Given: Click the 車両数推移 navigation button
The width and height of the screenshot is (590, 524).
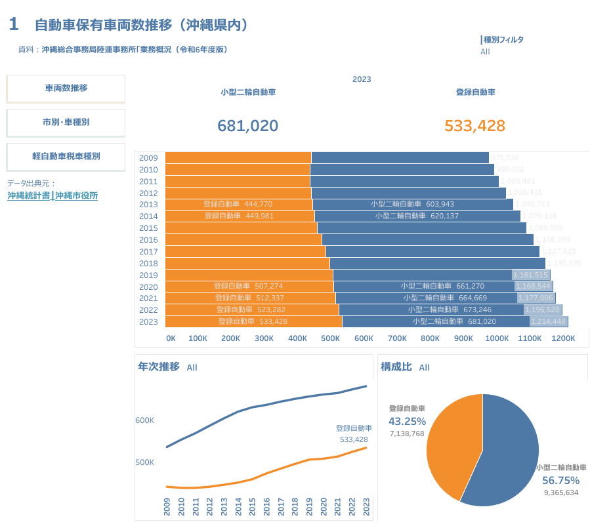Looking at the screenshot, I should [x=66, y=88].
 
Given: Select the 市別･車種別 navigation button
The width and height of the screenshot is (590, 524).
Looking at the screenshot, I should [x=66, y=122].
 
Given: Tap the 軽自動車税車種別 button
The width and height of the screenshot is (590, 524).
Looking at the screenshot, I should [x=66, y=156].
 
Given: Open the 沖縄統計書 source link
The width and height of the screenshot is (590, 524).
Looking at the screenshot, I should [x=29, y=195].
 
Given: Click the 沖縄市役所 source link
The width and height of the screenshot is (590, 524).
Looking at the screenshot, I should [x=77, y=195].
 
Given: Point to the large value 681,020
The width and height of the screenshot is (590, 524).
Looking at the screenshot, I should [x=247, y=126].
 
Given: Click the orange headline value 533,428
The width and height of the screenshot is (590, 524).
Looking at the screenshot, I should [x=474, y=126].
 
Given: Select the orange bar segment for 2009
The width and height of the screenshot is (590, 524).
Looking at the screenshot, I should [x=238, y=157].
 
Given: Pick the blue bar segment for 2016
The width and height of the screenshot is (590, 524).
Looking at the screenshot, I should [x=427, y=240].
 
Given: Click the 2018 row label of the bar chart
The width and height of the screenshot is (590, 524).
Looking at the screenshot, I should [x=148, y=264].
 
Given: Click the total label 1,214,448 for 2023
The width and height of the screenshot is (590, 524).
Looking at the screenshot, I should [x=548, y=321].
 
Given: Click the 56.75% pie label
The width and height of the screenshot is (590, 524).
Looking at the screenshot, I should [x=560, y=480].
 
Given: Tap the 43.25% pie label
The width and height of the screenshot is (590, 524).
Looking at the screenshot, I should [x=407, y=421].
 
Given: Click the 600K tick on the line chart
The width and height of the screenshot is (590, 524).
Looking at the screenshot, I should [x=144, y=420].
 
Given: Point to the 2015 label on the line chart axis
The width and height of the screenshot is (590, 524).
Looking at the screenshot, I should [x=253, y=505].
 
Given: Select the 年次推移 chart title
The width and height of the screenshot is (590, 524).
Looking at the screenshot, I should [x=158, y=367].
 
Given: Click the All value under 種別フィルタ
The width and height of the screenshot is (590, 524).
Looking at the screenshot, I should [x=485, y=52].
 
